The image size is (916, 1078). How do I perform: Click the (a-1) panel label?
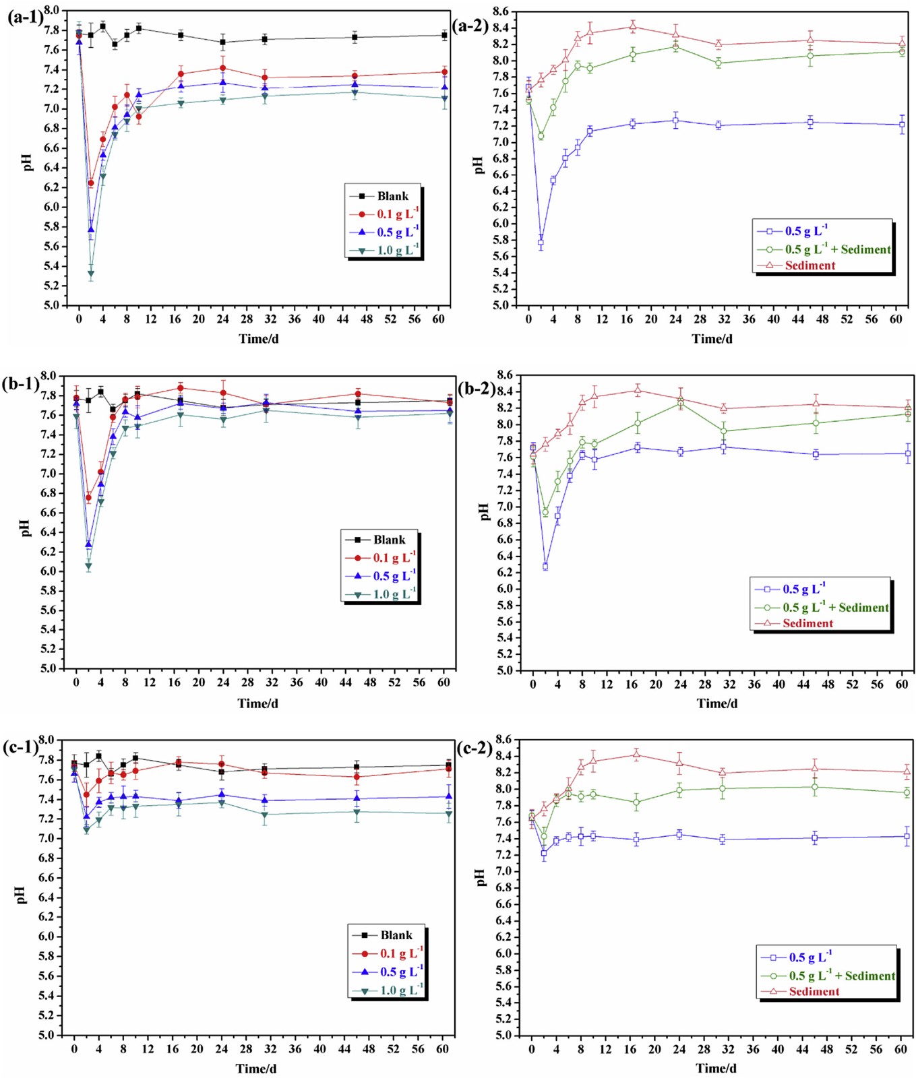(25, 18)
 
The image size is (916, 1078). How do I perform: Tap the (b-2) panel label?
(476, 389)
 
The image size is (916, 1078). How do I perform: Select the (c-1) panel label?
(21, 747)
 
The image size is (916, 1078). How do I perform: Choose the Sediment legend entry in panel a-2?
(810, 265)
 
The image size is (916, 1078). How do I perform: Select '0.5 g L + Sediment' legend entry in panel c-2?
(842, 976)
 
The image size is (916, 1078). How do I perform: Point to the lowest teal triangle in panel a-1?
(91, 274)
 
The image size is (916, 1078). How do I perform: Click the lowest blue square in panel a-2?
(541, 243)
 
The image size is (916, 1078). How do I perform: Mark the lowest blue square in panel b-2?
(545, 567)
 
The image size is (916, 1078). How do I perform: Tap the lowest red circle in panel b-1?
(88, 498)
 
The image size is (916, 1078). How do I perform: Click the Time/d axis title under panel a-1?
(259, 339)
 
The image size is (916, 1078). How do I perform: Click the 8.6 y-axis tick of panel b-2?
(506, 375)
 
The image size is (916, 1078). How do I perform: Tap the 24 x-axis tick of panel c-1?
(221, 1049)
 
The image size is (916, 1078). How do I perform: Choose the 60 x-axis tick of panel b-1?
(444, 683)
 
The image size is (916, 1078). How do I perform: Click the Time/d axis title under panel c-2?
(716, 1069)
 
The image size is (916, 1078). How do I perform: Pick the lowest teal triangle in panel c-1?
(86, 830)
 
